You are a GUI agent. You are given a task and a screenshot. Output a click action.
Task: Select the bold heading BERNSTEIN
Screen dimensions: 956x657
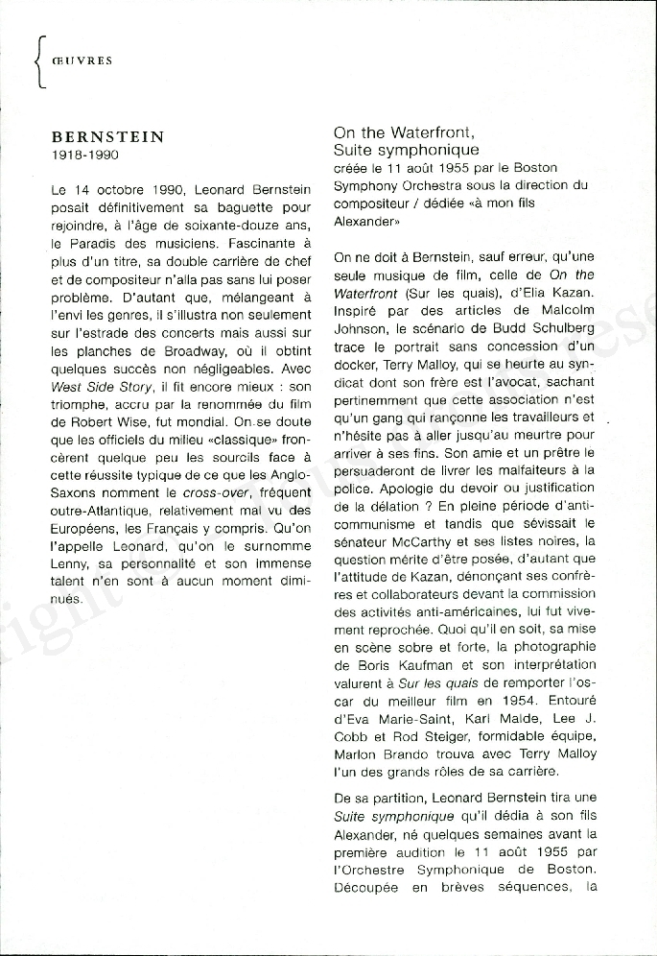tap(107, 137)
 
